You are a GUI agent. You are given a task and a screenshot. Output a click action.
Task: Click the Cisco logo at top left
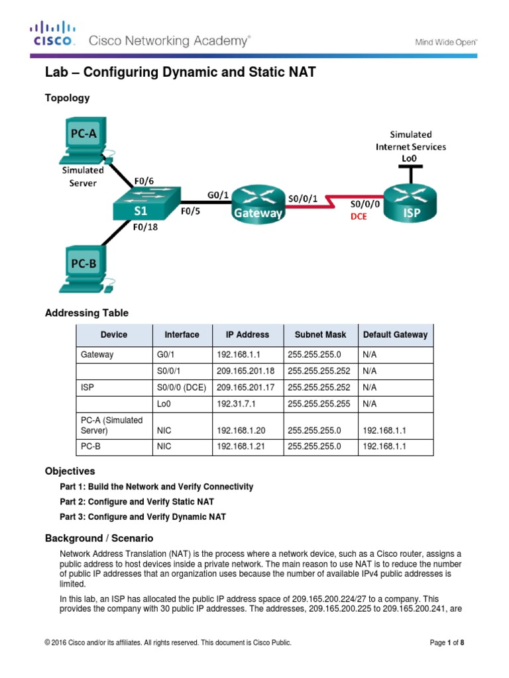[x=52, y=34]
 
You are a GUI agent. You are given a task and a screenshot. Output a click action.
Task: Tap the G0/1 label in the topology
[x=219, y=194]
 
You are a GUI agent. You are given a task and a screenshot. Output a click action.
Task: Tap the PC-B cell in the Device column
[x=90, y=447]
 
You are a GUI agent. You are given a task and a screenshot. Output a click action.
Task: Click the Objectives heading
[x=70, y=471]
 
